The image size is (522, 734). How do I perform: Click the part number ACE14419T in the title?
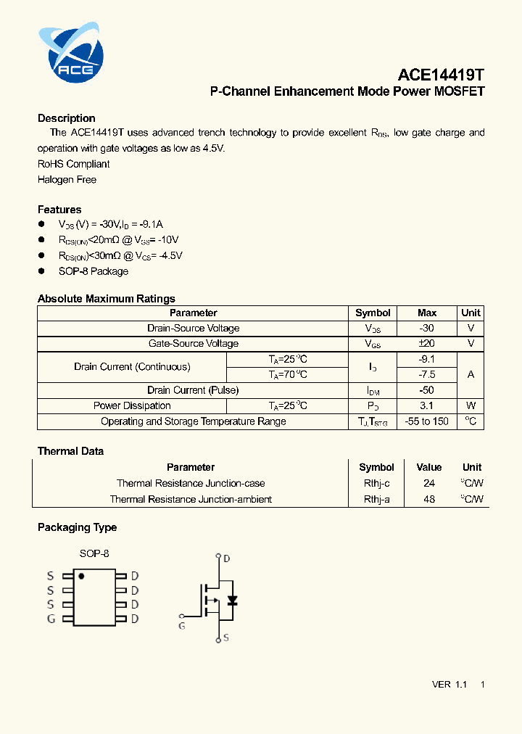[x=440, y=75]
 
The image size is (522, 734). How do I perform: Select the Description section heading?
[x=67, y=118]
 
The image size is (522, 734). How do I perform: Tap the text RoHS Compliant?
[x=73, y=164]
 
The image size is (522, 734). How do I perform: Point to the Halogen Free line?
[x=67, y=179]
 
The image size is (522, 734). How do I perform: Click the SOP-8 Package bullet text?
[x=93, y=271]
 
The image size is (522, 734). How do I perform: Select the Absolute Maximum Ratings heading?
[x=106, y=299]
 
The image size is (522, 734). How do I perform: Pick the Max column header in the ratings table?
[x=427, y=313]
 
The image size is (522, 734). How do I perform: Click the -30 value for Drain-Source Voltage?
[x=427, y=329]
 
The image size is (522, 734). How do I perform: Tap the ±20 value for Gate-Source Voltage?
[x=427, y=344]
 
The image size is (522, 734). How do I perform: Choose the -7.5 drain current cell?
[x=427, y=375]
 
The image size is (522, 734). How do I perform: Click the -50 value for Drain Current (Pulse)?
[x=427, y=390]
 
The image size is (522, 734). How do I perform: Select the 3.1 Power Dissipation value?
[x=427, y=406]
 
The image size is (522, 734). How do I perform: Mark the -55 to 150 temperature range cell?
[x=427, y=421]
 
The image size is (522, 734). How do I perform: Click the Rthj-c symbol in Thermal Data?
[x=376, y=483]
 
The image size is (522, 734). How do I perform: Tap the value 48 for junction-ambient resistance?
[x=429, y=499]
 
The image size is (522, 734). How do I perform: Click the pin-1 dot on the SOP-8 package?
[x=82, y=577]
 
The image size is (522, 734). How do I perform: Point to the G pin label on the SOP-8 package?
[x=51, y=619]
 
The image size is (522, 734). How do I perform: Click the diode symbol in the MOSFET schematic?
[x=232, y=601]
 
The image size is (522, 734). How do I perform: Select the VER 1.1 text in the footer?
[x=449, y=685]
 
